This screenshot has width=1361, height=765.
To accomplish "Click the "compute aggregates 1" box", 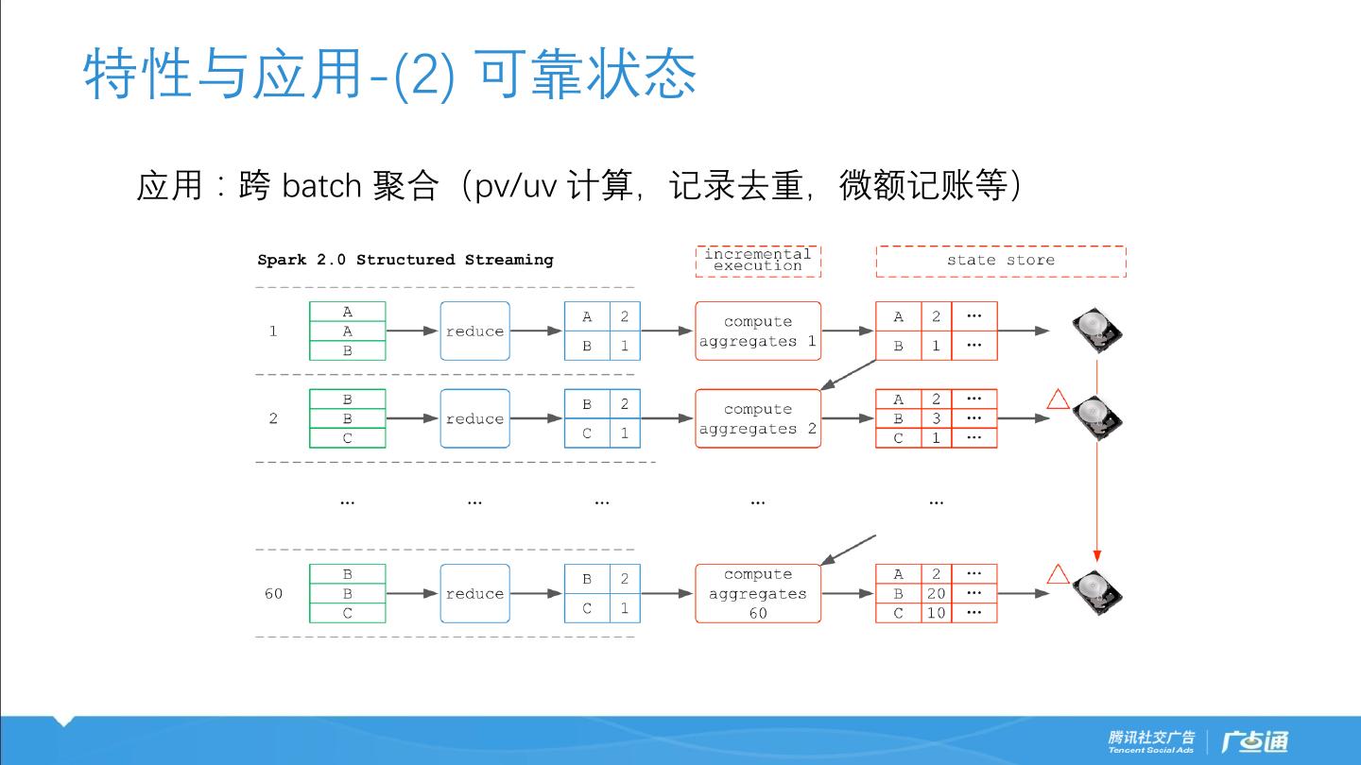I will point(757,331).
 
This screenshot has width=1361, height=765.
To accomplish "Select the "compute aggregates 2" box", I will point(757,418).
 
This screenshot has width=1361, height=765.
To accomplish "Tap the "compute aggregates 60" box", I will point(757,593).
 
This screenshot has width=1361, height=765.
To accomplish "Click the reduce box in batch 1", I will point(474,331).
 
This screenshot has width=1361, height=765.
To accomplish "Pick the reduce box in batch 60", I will point(474,593).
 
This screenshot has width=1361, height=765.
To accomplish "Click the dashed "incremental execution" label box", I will point(757,261).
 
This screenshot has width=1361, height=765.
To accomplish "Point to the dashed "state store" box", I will point(1000,261).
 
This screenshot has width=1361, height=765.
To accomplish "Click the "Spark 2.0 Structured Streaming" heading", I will point(405,260).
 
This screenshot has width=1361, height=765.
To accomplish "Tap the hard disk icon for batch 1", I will point(1096,331).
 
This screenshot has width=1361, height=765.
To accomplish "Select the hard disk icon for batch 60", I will point(1096,592).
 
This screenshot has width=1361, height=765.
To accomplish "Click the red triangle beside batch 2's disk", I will point(1058,399).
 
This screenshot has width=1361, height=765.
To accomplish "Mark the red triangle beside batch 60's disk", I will point(1058,574).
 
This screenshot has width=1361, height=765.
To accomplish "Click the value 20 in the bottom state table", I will point(936,593).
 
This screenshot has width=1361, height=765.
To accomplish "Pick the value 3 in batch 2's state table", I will point(936,418).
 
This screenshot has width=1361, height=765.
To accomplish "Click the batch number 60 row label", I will point(273,593).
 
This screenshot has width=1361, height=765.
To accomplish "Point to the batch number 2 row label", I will point(273,418).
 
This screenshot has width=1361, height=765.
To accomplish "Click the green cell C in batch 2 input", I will point(347,438).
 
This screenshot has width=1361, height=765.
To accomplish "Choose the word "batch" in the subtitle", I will point(321,186).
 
